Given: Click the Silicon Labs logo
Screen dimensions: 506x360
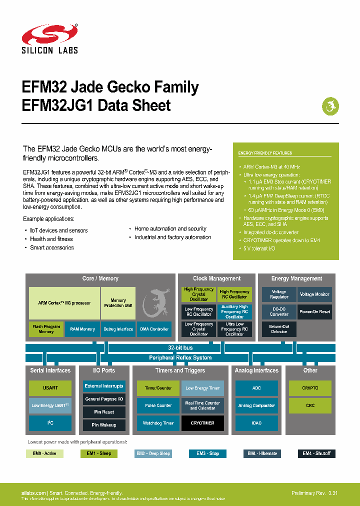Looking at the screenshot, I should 49,38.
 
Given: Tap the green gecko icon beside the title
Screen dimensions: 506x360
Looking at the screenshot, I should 330,106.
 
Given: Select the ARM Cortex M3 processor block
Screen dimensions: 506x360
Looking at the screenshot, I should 64,303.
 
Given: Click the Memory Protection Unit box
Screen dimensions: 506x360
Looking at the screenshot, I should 118,303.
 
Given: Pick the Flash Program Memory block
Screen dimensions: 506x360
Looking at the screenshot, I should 46,329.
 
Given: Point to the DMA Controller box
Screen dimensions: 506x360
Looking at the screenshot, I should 154,329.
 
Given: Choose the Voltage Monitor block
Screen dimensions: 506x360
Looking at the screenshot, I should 314,294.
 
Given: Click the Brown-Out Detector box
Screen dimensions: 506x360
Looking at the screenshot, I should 279,328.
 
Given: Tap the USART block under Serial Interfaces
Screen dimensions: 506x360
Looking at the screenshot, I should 50,388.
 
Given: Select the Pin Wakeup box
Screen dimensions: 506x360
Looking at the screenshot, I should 103,425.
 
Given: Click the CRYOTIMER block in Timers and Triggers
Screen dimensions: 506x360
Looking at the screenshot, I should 202,423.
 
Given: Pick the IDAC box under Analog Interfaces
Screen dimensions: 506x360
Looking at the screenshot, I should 256,423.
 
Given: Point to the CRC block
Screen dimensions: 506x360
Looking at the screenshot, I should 310,405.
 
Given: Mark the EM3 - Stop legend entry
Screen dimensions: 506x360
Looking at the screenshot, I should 207,453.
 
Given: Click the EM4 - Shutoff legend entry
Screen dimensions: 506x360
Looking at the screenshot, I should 316,453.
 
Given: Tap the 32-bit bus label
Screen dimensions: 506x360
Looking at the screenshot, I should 180,347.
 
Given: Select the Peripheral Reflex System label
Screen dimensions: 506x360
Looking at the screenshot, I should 180,357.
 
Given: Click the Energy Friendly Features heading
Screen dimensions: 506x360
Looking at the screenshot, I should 265,153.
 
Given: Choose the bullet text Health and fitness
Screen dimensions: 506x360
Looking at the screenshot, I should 51,239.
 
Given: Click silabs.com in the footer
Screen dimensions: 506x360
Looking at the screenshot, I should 33,493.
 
